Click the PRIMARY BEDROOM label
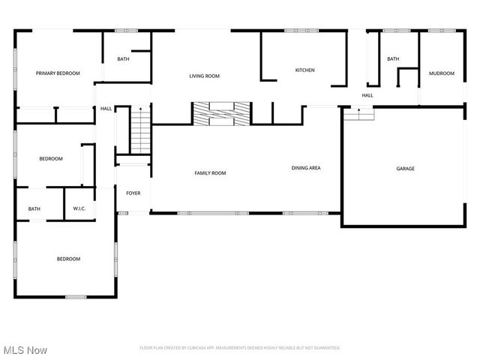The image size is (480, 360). coord(58,73)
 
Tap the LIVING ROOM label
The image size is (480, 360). coord(204,76)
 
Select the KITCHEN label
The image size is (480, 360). coord(304,70)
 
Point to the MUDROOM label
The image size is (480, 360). coord(442,73)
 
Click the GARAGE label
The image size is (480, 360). coord(405,169)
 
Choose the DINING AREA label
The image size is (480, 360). coord(306,168)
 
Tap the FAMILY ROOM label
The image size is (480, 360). coord(210,173)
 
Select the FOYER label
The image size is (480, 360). coord(133,193)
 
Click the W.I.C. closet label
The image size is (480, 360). coord(79,208)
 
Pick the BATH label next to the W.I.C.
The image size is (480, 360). coord(34,209)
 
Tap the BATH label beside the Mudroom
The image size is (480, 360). coord(393,58)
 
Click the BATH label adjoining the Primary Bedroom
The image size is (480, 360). coord(123,58)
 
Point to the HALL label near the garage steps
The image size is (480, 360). coord(367,95)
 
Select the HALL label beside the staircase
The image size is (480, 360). coord(106,109)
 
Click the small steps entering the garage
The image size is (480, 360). coord(358,113)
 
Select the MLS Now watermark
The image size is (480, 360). coord(25,350)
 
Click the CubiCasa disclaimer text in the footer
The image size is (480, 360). coord(240,348)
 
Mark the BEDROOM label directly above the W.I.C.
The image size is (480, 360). coord(51,158)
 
